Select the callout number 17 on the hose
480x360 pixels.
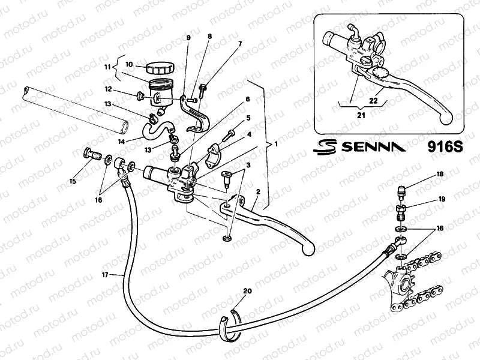tap(105, 275)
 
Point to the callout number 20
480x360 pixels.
tap(247, 291)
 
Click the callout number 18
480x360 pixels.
tap(440, 174)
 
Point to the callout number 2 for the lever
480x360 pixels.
tap(257, 192)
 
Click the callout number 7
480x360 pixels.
tap(240, 44)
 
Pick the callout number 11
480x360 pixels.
tap(108, 68)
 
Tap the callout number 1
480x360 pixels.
tap(276, 145)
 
